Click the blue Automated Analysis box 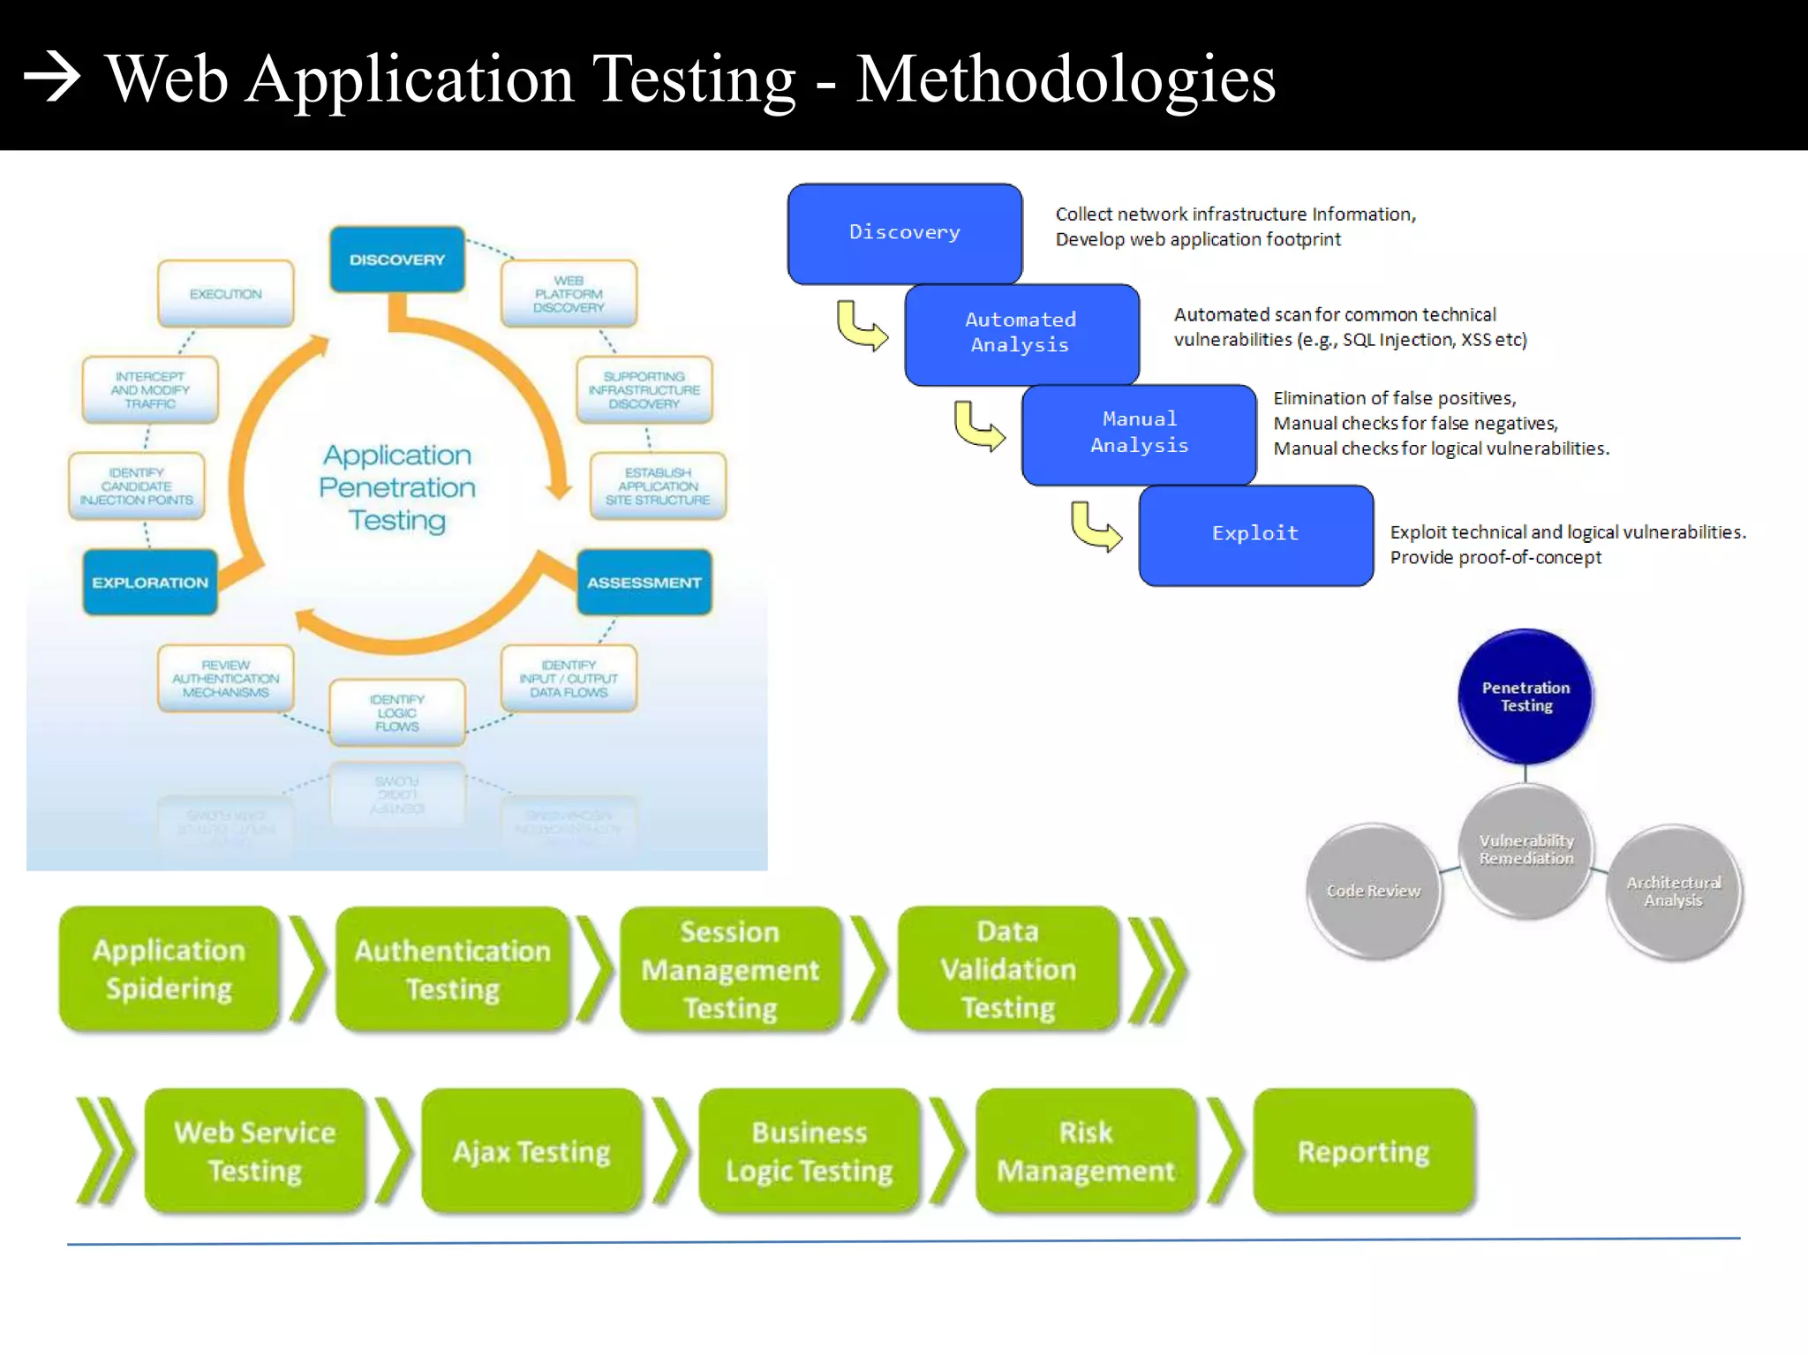1021,334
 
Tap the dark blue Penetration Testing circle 1525,697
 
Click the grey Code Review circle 1374,891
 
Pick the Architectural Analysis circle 1673,892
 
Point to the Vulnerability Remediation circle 1525,849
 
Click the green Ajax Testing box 531,1151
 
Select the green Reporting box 1363,1151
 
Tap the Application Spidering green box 169,969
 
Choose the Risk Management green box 1086,1151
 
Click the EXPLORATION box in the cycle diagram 150,583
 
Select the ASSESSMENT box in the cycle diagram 644,583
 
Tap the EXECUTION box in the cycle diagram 225,294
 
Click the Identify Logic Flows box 396,712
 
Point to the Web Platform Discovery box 569,294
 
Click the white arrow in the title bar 52,78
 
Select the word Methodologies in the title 1065,79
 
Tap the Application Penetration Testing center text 397,487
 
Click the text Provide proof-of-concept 1495,558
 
